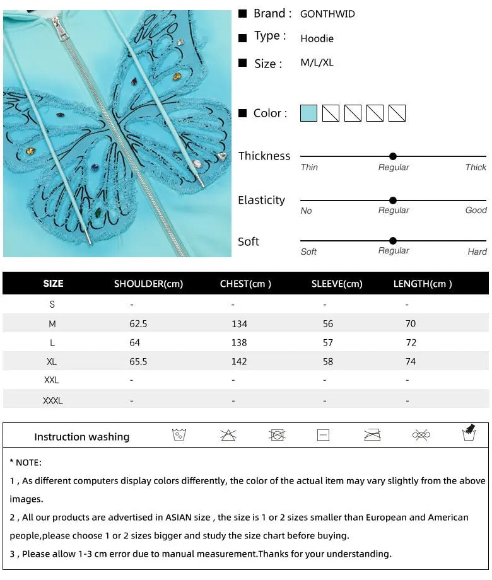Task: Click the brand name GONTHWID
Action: (x=327, y=14)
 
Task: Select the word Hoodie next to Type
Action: (x=317, y=38)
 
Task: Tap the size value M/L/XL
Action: (x=317, y=63)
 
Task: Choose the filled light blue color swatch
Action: (x=308, y=113)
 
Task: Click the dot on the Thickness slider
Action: (x=393, y=156)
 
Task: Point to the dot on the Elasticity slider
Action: (x=393, y=200)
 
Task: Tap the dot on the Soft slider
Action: (x=393, y=241)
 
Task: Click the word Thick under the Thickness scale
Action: (x=476, y=167)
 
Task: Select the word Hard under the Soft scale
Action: (x=477, y=252)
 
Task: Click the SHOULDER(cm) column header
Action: (x=148, y=284)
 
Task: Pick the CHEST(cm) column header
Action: (x=245, y=284)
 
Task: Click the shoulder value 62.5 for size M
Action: (x=138, y=323)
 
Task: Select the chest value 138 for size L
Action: (x=239, y=342)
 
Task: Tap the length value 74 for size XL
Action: (x=411, y=361)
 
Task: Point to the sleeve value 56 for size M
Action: (x=327, y=323)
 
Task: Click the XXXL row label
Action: (x=52, y=400)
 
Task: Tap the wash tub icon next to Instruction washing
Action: (x=179, y=435)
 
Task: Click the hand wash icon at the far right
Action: (x=469, y=433)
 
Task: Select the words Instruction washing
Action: (x=81, y=437)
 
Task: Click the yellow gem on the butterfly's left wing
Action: (x=30, y=151)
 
